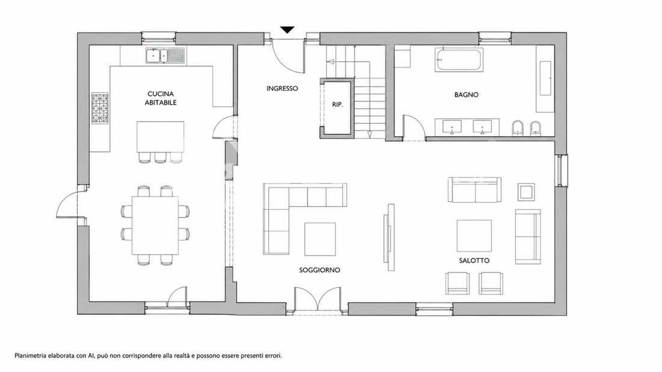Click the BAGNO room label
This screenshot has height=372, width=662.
click(466, 95)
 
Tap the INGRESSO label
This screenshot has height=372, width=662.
click(282, 88)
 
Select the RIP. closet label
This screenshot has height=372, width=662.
click(337, 105)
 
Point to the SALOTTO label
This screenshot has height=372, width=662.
click(474, 261)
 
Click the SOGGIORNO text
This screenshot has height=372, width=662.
click(320, 270)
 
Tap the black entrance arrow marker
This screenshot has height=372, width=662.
click(287, 29)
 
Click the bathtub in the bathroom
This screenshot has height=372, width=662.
click(459, 59)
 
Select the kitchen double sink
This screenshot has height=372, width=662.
click(165, 56)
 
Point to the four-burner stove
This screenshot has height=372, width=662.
click(100, 108)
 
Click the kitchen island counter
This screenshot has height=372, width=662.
click(161, 136)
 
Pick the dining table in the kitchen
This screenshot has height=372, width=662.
click(155, 225)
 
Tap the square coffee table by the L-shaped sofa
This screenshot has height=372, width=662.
click(320, 239)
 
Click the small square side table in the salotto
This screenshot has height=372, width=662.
click(527, 192)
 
